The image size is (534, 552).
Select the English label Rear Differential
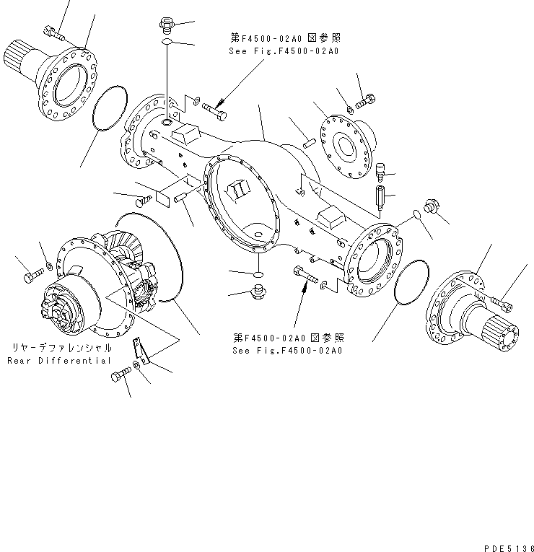coord(60,360)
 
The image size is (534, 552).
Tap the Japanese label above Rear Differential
coord(60,348)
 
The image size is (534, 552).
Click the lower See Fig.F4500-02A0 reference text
coord(287,350)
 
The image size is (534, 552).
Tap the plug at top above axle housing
coord(166,26)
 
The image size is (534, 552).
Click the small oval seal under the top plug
coord(166,44)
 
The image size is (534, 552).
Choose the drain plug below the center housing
coord(255,292)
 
